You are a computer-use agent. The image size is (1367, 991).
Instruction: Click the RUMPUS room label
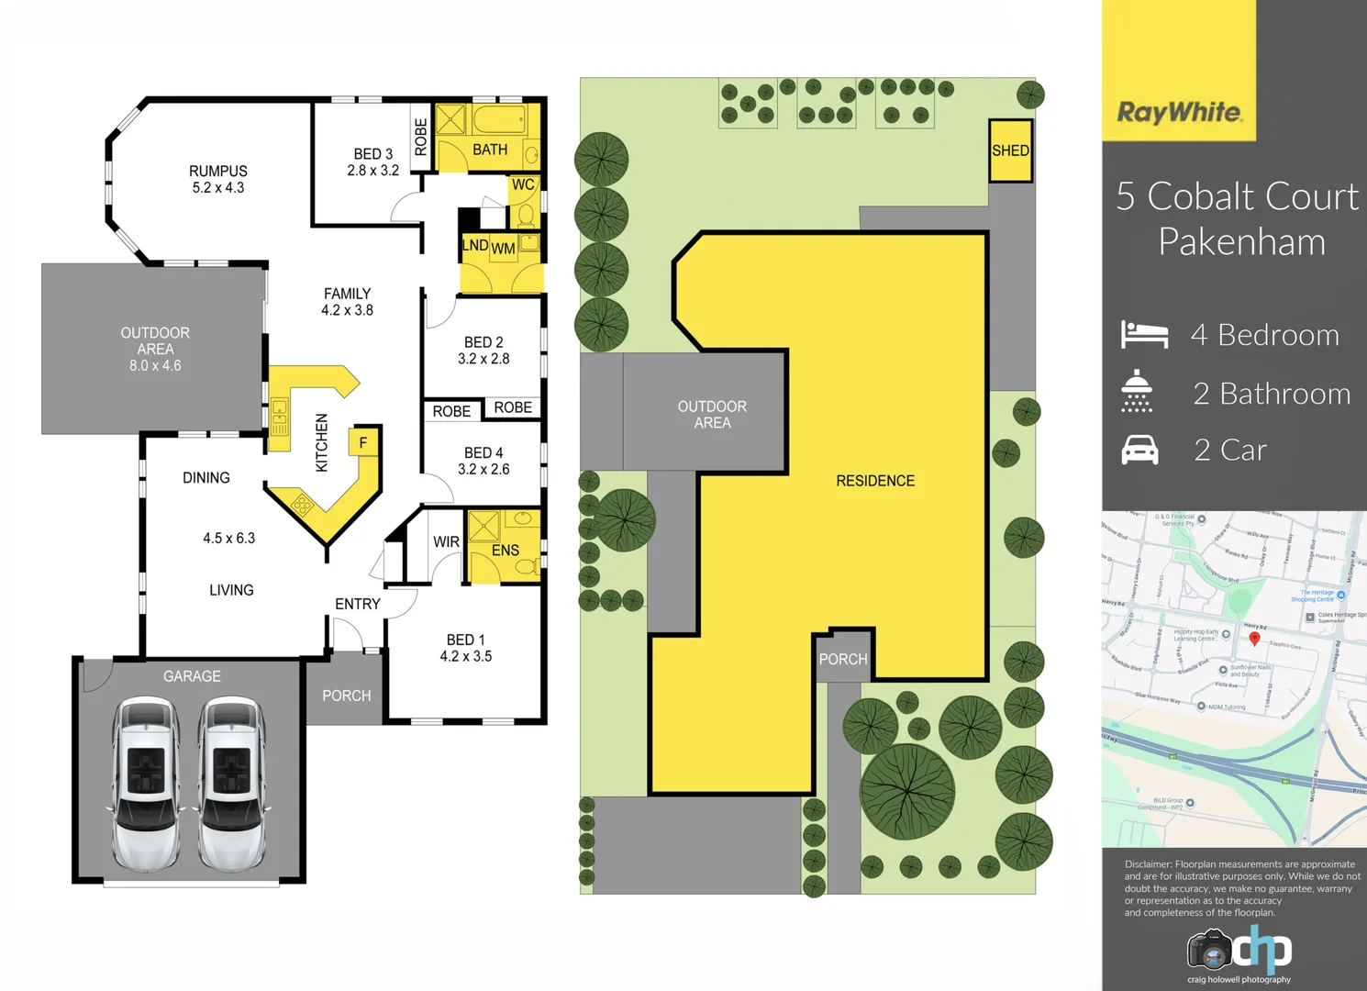(218, 172)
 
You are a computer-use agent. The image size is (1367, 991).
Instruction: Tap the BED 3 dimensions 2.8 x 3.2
(372, 171)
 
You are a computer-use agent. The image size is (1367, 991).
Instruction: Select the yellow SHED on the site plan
(1010, 150)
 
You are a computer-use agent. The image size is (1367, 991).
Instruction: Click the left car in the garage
(146, 784)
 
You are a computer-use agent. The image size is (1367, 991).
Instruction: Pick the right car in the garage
(231, 784)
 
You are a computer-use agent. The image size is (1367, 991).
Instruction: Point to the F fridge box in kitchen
(363, 442)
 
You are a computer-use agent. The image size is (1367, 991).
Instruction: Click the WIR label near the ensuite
(446, 542)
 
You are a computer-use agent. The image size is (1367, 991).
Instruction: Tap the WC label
(523, 184)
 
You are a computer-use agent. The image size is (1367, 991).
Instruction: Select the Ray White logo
(1179, 112)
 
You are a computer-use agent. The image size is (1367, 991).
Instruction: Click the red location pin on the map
(1254, 638)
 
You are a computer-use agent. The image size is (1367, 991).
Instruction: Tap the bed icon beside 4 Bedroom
(1144, 334)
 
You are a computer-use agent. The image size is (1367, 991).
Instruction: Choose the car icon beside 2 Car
(1139, 451)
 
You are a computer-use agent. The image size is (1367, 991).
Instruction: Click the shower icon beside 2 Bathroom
(1137, 392)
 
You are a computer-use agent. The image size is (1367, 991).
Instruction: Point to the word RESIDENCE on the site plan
(875, 481)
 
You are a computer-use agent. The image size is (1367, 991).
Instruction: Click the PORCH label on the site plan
(842, 660)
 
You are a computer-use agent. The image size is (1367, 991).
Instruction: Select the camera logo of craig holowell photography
(1209, 950)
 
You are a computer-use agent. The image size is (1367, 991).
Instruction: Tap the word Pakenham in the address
(1241, 242)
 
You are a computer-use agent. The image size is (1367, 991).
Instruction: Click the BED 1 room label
(465, 640)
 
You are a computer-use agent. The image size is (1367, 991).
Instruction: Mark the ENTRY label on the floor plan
(357, 604)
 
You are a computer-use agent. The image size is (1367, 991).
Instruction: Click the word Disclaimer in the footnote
(1148, 864)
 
